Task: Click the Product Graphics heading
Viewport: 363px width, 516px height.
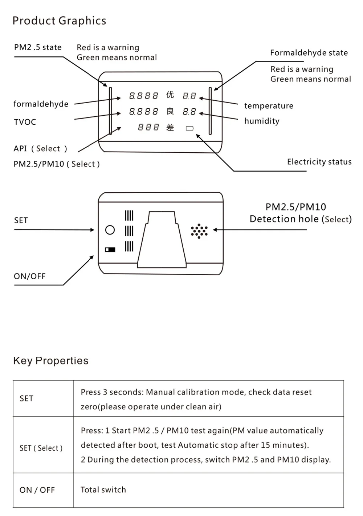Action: point(59,21)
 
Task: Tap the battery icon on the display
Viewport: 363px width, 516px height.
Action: point(189,128)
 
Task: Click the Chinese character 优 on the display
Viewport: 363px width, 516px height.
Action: point(170,95)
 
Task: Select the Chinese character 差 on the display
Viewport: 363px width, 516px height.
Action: point(170,127)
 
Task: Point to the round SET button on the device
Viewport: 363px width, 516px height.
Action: point(110,230)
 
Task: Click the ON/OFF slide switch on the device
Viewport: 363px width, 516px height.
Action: point(110,250)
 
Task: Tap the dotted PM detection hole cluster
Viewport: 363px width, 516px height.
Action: point(199,231)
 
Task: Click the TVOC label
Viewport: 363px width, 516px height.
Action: point(25,122)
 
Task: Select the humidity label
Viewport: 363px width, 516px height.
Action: point(262,121)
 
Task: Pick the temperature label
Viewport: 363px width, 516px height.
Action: point(269,106)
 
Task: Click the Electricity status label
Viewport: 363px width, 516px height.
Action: point(319,162)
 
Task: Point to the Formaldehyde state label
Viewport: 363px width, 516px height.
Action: point(309,53)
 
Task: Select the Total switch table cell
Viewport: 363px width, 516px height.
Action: point(103,489)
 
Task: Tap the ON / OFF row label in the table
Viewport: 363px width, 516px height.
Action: point(37,490)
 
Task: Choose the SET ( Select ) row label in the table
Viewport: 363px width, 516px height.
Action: point(41,448)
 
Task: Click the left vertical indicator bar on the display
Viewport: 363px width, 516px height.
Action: point(111,111)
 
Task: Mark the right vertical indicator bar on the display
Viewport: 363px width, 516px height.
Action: point(210,111)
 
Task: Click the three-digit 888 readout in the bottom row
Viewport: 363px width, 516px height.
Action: point(148,127)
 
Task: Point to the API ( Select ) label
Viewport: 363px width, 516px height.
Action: point(40,149)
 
